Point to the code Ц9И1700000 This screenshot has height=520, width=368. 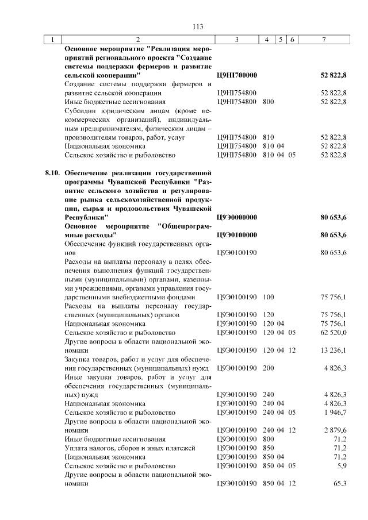coord(237,75)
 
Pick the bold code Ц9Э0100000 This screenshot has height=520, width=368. coord(237,235)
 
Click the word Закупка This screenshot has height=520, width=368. coord(79,359)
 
